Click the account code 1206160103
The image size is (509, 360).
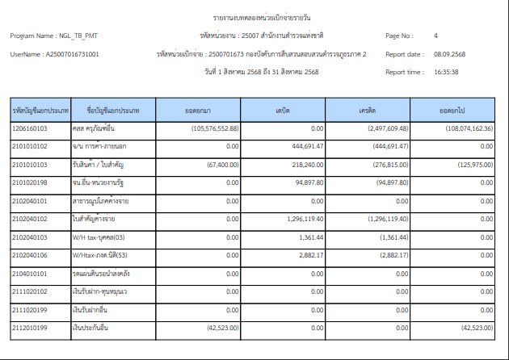tap(30, 128)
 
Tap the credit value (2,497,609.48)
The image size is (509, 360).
tap(381, 128)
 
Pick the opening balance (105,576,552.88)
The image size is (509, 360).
tap(215, 128)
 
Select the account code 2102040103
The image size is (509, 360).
tap(30, 237)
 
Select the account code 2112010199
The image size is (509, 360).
tap(30, 328)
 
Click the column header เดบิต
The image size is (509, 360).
tap(282, 109)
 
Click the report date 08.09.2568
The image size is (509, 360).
tap(449, 54)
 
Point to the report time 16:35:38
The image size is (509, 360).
tap(447, 72)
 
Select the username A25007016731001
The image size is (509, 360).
tap(72, 54)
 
